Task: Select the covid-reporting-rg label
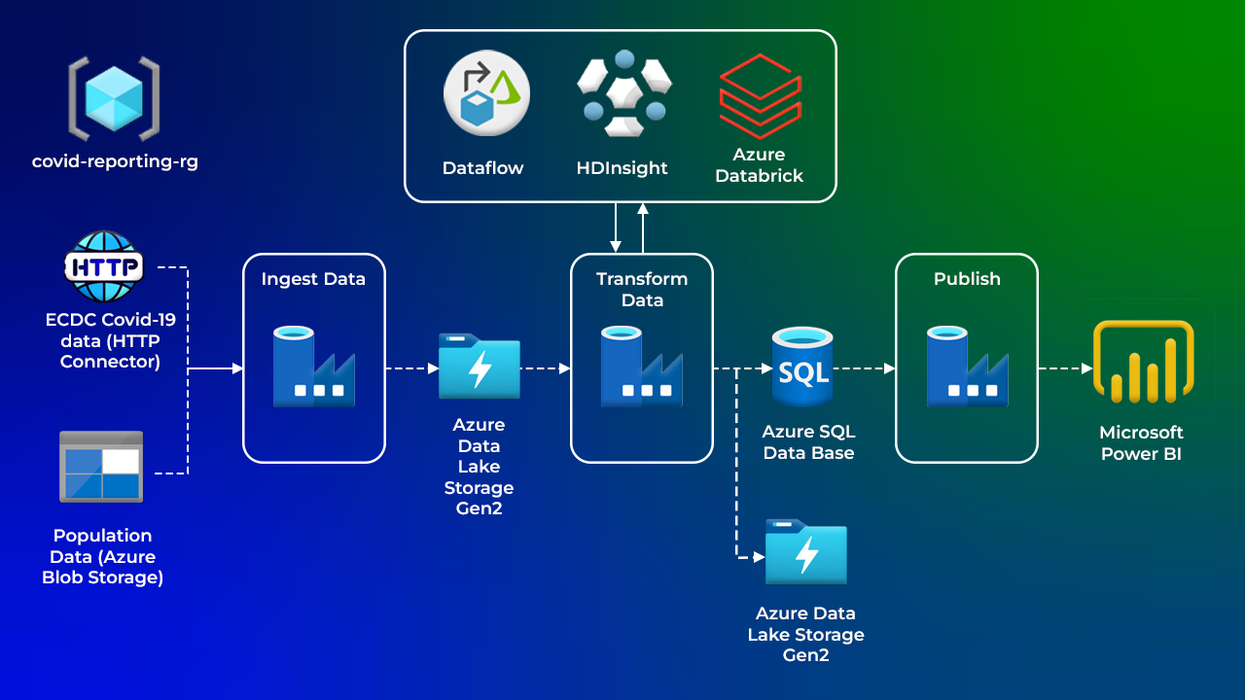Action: click(x=115, y=161)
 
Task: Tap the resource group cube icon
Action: click(x=114, y=97)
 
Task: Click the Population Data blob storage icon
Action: click(x=101, y=467)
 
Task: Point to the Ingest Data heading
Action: click(x=313, y=279)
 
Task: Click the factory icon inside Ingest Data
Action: click(x=313, y=367)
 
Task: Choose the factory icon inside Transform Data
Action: click(x=641, y=367)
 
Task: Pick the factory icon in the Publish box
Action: click(x=967, y=367)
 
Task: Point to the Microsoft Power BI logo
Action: click(x=1143, y=362)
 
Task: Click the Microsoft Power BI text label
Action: click(x=1141, y=442)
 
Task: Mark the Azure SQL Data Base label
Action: click(x=808, y=441)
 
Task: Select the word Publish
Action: click(x=967, y=279)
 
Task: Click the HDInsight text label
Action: click(x=622, y=168)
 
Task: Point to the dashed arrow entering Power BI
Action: click(x=1065, y=368)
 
